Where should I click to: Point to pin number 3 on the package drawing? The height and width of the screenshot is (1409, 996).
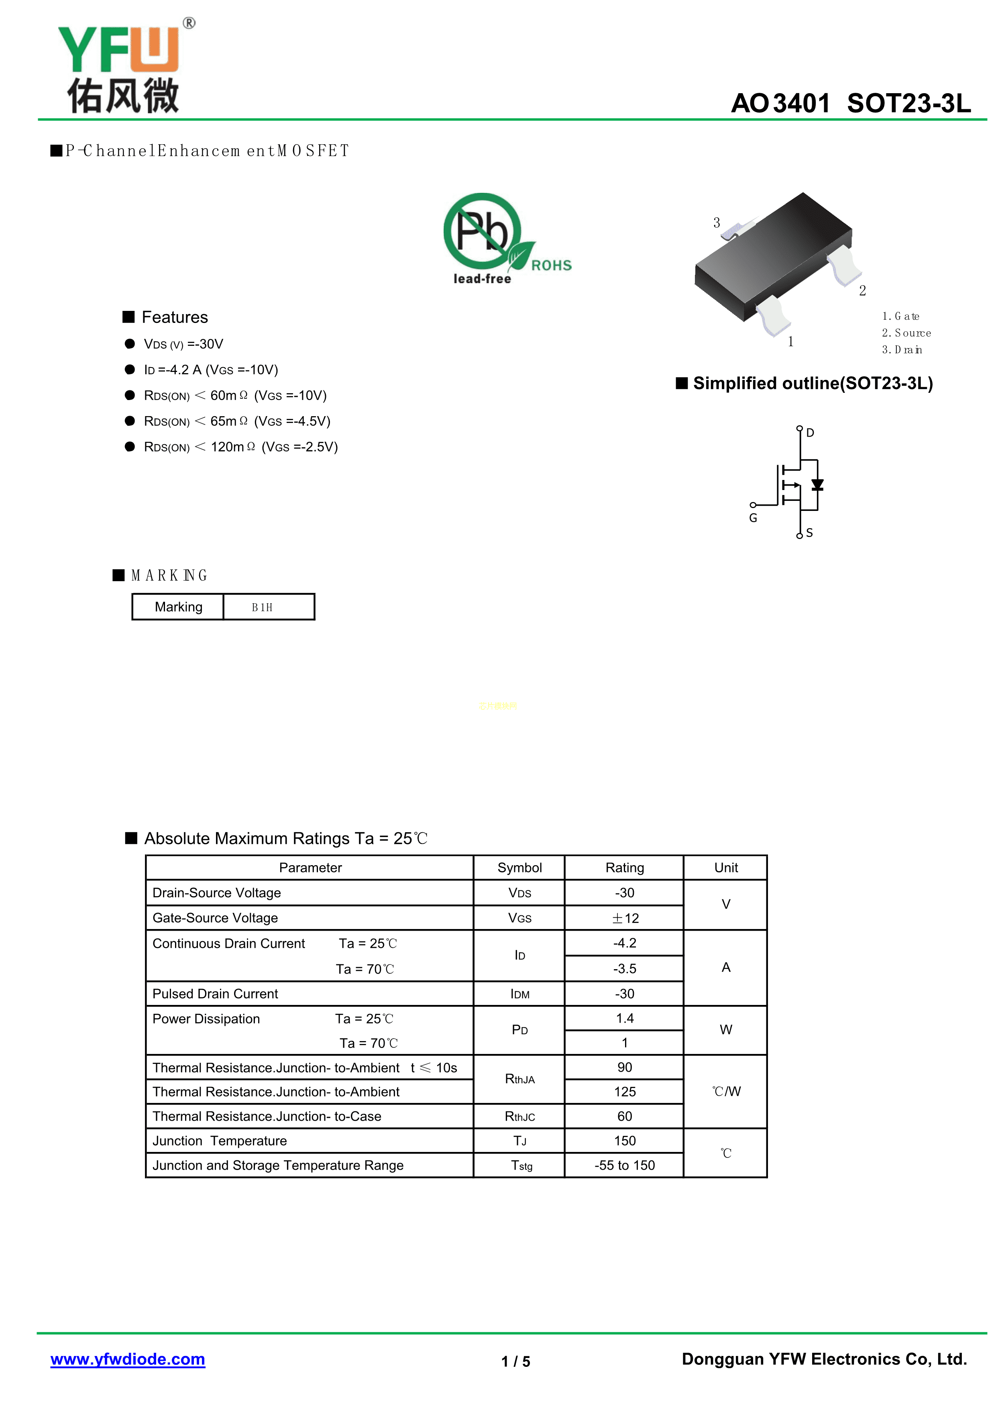[716, 223]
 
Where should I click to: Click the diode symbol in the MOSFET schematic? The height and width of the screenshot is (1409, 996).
[817, 485]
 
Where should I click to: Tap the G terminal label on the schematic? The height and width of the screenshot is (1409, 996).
[753, 518]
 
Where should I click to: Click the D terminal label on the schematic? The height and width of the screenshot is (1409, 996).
[810, 433]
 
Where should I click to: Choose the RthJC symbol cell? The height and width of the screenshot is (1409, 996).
[519, 1116]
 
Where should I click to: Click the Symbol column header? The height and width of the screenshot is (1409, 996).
[519, 867]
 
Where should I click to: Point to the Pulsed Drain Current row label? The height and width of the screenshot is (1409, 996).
[215, 994]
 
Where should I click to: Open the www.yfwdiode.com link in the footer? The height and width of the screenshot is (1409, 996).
[128, 1359]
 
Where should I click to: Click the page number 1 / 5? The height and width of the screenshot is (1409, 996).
[515, 1361]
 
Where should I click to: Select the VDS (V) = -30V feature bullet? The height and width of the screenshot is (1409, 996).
[183, 344]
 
